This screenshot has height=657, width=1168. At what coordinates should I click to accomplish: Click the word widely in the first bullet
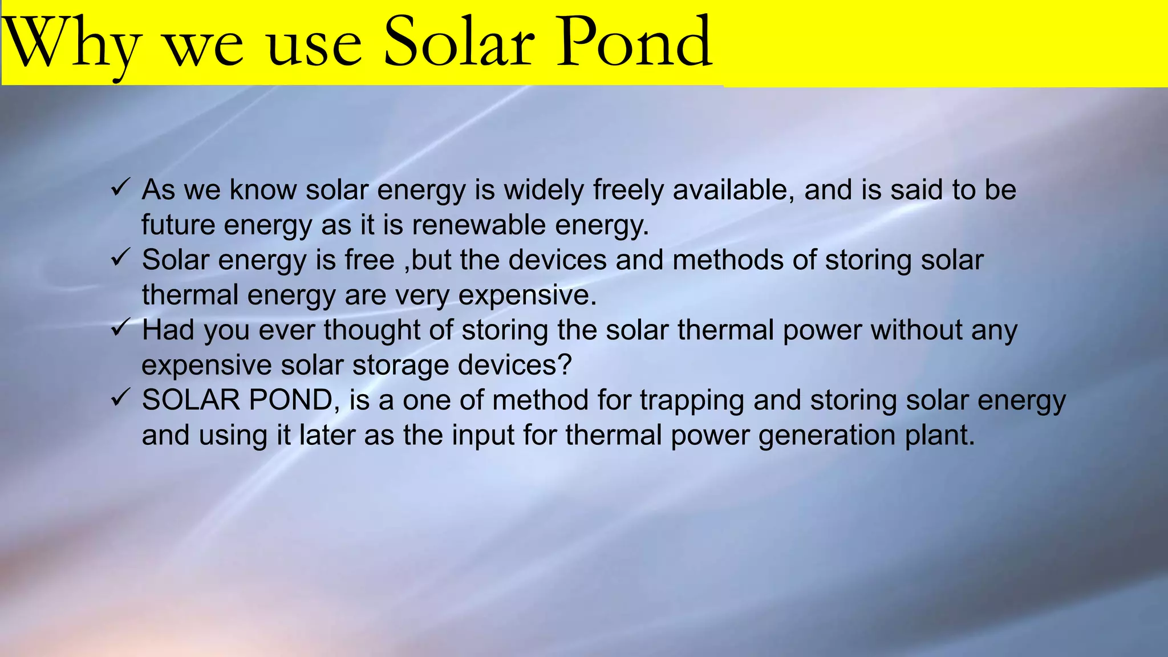pyautogui.click(x=544, y=190)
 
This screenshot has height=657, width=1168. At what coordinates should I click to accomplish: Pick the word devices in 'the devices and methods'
pyautogui.click(x=557, y=260)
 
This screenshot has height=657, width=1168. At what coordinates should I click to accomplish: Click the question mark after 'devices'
pyautogui.click(x=565, y=365)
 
